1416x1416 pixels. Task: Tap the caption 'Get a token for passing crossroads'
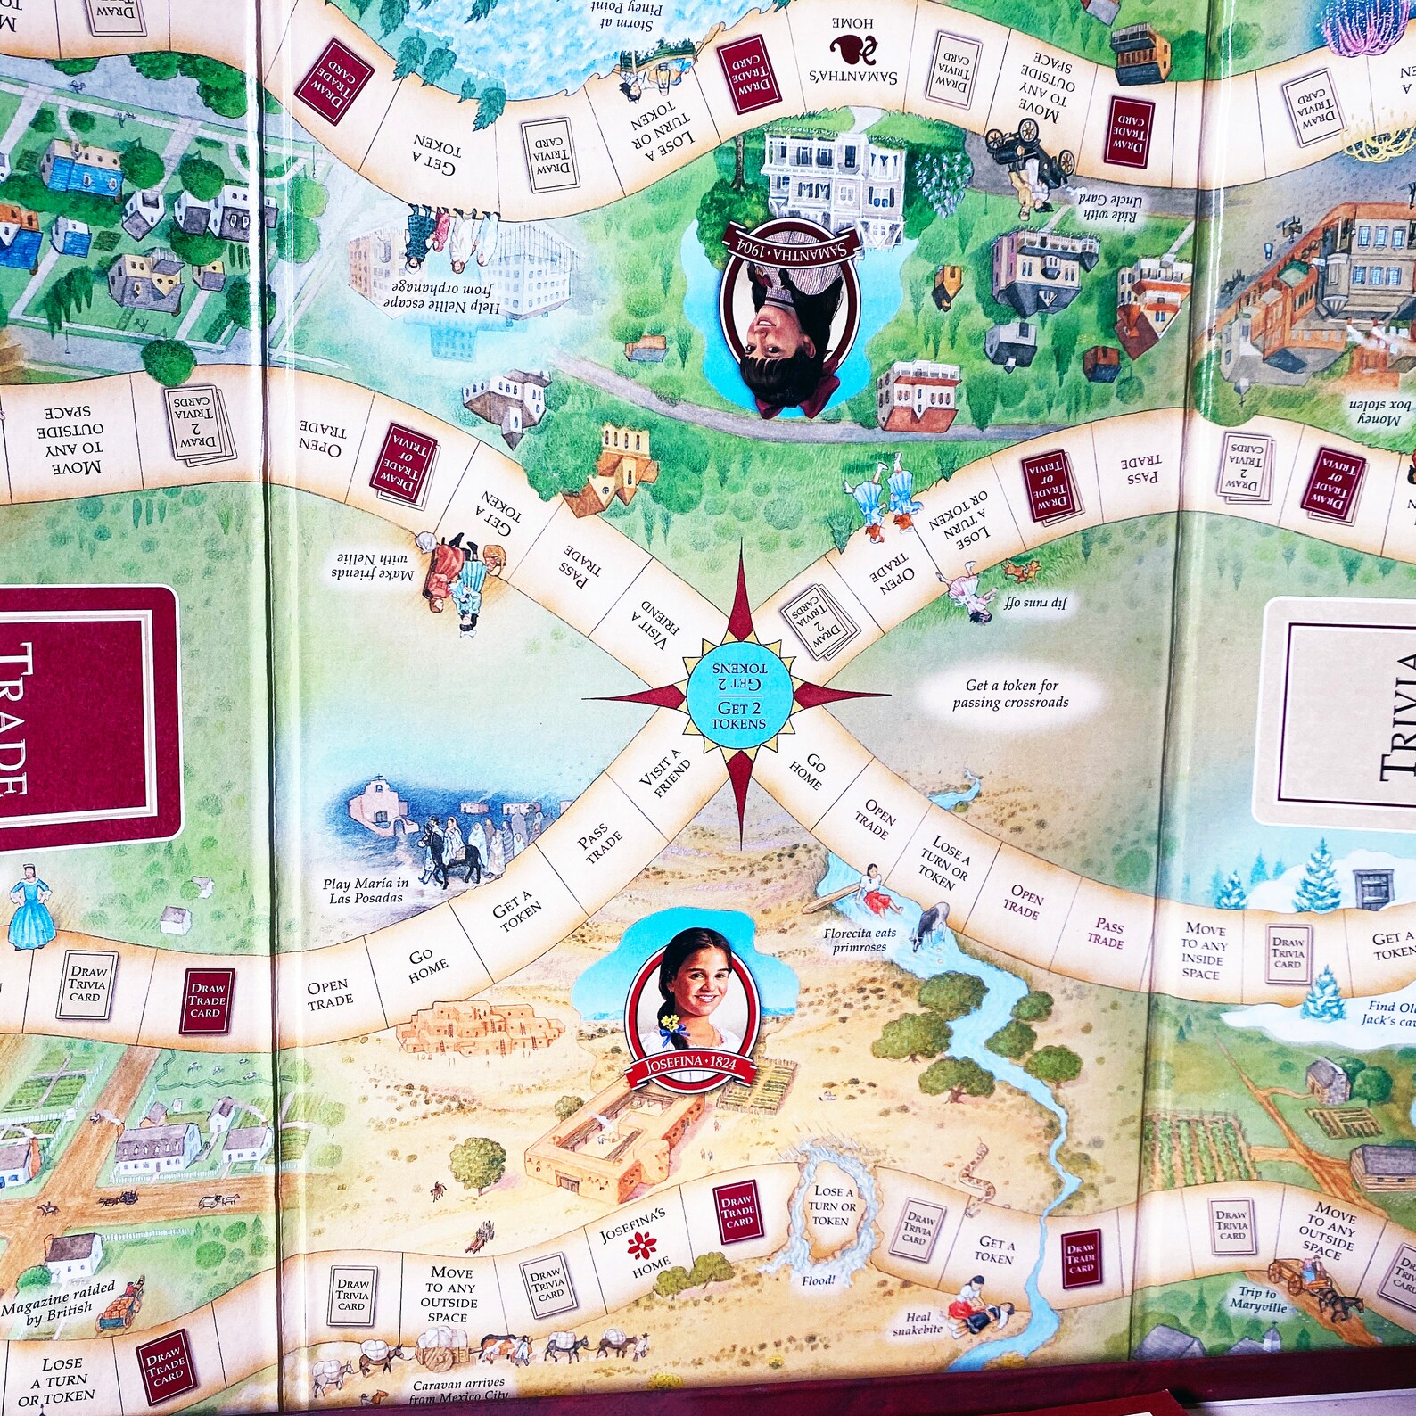(x=1010, y=694)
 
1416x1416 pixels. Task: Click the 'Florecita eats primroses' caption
(x=859, y=940)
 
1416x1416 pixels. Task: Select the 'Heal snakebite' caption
(x=918, y=1323)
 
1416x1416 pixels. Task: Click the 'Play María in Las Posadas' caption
(x=366, y=890)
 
